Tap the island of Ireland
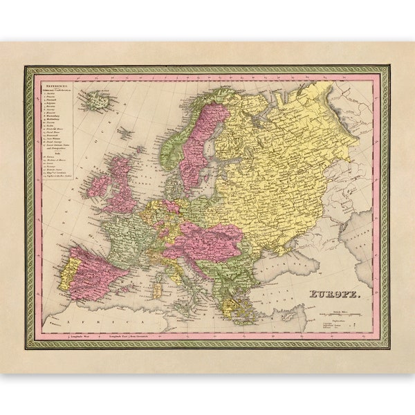point(98,185)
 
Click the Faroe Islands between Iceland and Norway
point(125,131)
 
